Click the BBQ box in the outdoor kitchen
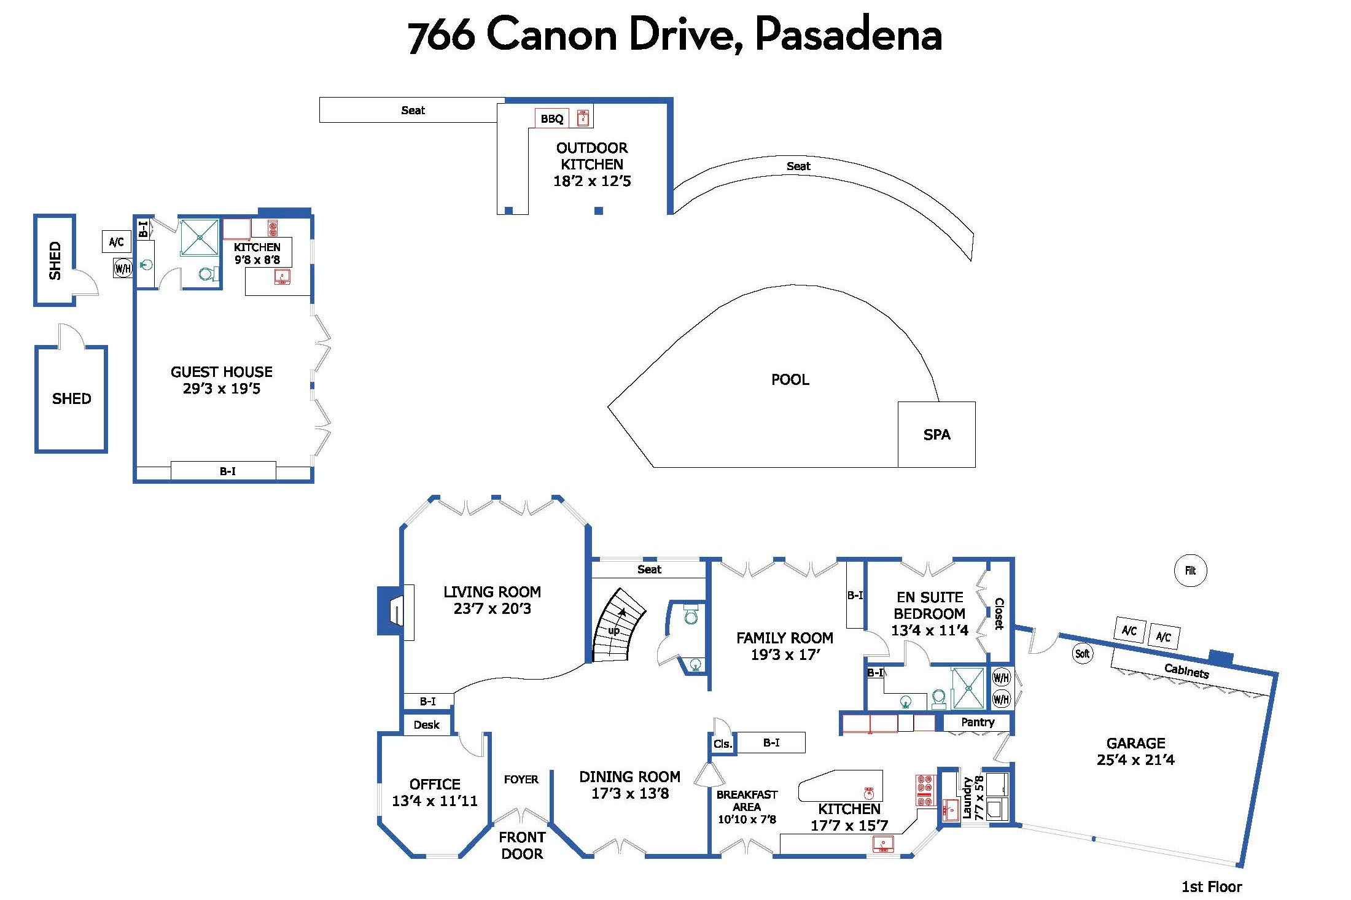pyautogui.click(x=552, y=118)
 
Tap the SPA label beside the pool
pyautogui.click(x=936, y=435)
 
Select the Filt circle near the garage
pyautogui.click(x=1190, y=570)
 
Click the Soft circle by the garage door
pyautogui.click(x=1082, y=654)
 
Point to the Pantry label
pyautogui.click(x=978, y=723)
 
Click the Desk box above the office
pyautogui.click(x=427, y=724)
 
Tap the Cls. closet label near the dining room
pyautogui.click(x=722, y=744)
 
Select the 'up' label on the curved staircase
pyautogui.click(x=613, y=631)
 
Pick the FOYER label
pyautogui.click(x=521, y=780)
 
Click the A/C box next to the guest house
pyautogui.click(x=117, y=242)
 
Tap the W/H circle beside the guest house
pyautogui.click(x=123, y=268)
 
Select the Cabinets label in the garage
pyautogui.click(x=1186, y=671)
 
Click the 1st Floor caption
pyautogui.click(x=1212, y=887)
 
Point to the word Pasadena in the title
pyautogui.click(x=849, y=35)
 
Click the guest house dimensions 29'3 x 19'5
pyautogui.click(x=222, y=389)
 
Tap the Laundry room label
pyautogui.click(x=967, y=797)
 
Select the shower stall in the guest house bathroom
pyautogui.click(x=200, y=237)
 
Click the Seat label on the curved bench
pyautogui.click(x=798, y=166)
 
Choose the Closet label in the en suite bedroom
pyautogui.click(x=999, y=613)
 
